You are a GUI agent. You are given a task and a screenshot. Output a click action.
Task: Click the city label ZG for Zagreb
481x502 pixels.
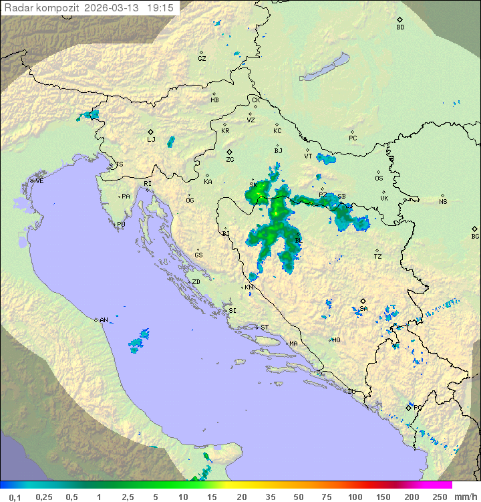230,160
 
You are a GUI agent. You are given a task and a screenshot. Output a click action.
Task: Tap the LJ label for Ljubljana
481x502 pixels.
151,140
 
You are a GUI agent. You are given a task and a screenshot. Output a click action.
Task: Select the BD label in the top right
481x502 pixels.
400,27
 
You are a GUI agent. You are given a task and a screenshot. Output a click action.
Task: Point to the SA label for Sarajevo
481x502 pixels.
363,309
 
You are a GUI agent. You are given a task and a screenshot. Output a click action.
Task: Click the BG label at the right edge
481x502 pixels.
475,236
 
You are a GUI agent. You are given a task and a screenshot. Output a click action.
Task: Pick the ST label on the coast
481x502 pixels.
265,328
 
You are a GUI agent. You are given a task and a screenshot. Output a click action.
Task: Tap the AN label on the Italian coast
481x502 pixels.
104,320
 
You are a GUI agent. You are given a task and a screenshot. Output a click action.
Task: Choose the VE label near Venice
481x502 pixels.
39,181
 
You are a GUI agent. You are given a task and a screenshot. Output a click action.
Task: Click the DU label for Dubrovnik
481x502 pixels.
351,392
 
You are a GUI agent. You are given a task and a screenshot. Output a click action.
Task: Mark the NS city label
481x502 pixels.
443,202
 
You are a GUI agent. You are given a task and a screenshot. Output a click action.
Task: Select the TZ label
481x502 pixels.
377,257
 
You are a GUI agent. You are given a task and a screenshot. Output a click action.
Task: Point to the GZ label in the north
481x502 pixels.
202,59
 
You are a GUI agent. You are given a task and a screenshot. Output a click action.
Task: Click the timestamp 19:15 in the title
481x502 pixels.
161,8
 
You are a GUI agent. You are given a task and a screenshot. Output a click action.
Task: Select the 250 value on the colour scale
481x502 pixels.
439,497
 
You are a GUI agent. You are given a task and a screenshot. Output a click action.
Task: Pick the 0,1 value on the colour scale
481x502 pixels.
15,497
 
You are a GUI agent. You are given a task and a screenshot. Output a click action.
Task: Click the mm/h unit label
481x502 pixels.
463,497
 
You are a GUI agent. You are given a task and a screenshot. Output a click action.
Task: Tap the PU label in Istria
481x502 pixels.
121,225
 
